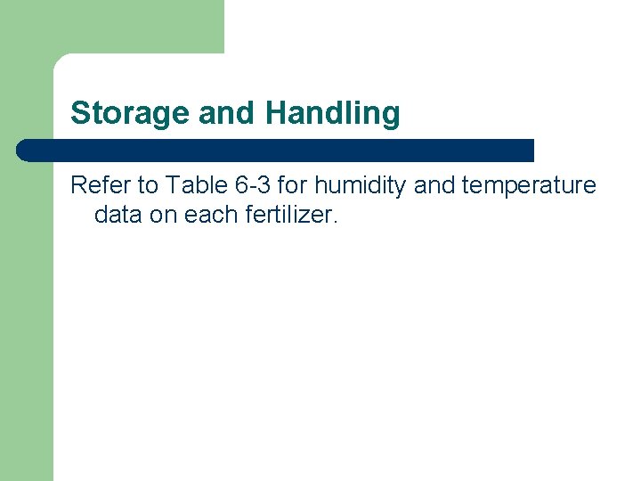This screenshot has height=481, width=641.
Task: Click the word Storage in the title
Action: click(130, 113)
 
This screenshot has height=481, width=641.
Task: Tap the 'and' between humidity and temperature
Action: click(432, 185)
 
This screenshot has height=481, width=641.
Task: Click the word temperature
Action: click(529, 185)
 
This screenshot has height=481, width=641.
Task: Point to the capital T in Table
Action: click(173, 185)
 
